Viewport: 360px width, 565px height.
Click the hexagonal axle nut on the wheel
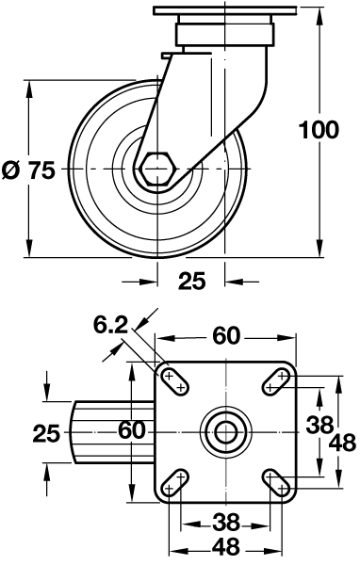(158, 169)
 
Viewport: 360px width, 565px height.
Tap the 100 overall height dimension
(319, 130)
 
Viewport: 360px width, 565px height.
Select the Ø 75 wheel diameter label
(29, 170)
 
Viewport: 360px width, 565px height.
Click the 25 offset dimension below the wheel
(191, 281)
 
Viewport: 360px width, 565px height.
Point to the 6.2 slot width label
(111, 325)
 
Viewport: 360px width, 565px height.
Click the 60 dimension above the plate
(226, 336)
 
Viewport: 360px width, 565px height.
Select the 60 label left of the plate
(132, 430)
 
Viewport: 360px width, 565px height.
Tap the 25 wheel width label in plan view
(46, 433)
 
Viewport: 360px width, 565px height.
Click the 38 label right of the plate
(319, 425)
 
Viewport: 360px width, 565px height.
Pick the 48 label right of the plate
(343, 443)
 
